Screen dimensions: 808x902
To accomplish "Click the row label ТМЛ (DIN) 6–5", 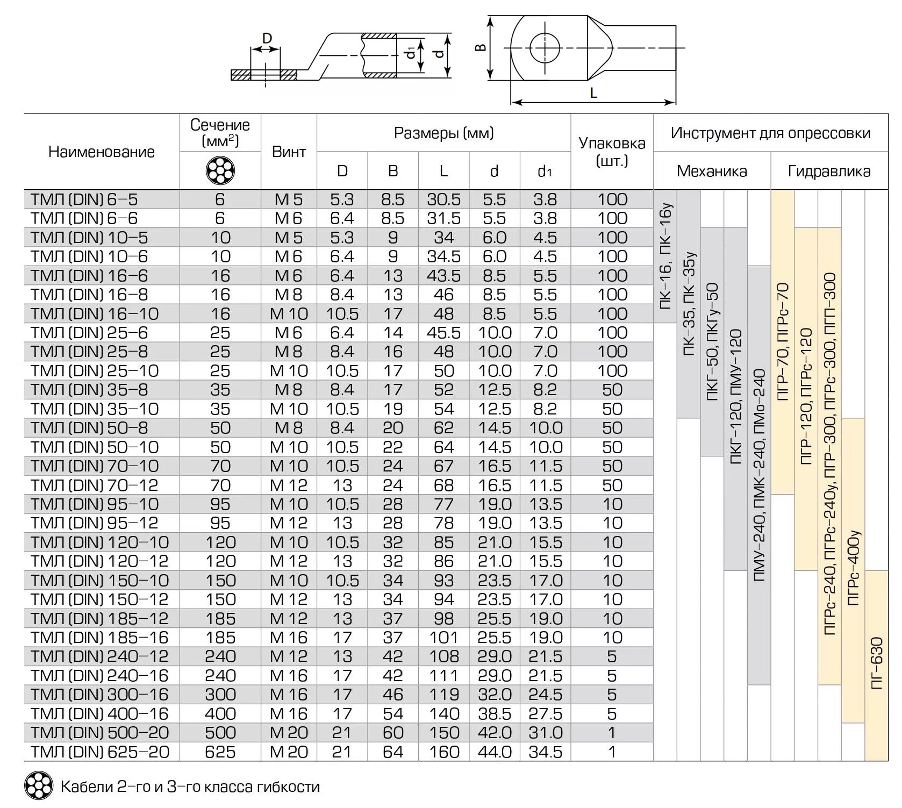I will coord(84,199).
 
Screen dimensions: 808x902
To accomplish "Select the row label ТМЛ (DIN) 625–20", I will coord(100,752).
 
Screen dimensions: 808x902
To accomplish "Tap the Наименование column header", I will coord(102,152).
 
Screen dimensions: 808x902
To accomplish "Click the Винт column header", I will coord(289,152).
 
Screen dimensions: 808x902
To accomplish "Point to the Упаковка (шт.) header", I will coord(612,151).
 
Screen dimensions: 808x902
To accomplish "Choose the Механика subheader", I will coord(712,171).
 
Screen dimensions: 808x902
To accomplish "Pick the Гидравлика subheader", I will coord(829,171).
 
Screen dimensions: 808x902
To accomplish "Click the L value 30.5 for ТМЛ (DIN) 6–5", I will coord(443,199).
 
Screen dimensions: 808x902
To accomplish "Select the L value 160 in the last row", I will coord(444,752).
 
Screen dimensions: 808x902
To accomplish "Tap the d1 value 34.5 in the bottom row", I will coord(545,752).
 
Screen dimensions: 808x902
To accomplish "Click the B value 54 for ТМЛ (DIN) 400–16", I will coord(393,714).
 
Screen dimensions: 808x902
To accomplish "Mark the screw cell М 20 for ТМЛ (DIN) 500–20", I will coord(289,733).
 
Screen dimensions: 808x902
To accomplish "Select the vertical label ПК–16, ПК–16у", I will coord(665,256).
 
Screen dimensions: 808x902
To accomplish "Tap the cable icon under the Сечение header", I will coord(220,171).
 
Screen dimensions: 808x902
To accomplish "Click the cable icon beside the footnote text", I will coord(39,786).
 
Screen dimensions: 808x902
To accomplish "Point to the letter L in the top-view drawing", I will coord(593,93).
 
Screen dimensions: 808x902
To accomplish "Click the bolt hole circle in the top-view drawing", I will coord(545,48).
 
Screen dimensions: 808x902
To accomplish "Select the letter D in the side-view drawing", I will coord(267,39).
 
